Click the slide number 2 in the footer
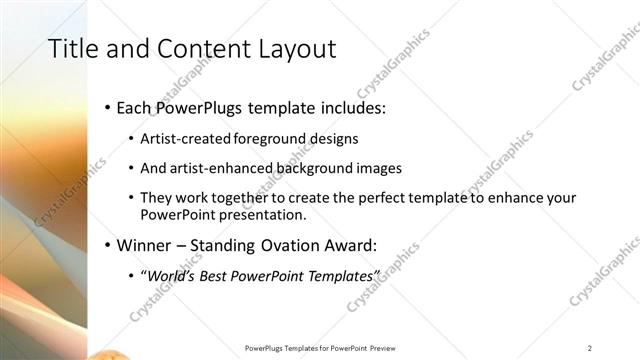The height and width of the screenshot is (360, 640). coord(590,347)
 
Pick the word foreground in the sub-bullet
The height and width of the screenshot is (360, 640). coord(272,138)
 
